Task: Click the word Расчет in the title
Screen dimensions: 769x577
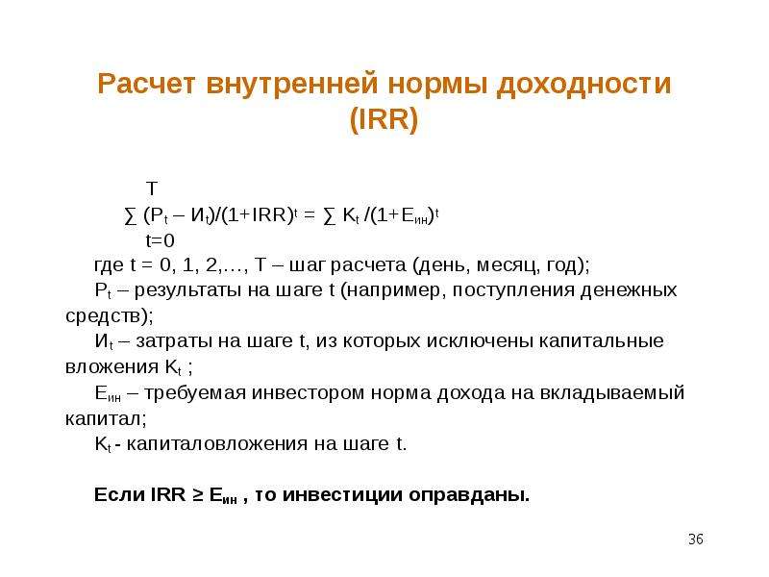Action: coord(147,84)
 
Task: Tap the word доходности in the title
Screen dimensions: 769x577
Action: coord(583,85)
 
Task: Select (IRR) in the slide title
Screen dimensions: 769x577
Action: coord(384,119)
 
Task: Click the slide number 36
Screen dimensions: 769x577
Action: coord(696,539)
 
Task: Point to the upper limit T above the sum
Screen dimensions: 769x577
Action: coord(152,188)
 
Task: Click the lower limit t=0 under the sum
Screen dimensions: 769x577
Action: coord(160,241)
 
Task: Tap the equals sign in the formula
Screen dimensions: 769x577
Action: coord(309,215)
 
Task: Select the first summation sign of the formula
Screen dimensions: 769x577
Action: coord(131,215)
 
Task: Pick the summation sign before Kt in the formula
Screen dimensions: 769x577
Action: coord(330,215)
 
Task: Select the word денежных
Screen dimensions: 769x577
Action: coord(629,290)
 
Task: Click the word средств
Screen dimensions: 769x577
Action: coord(103,316)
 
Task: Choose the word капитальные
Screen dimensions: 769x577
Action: coord(602,340)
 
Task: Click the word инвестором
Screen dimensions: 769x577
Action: coord(308,393)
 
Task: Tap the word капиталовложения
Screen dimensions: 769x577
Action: coord(217,444)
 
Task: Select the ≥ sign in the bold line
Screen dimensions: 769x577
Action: coord(198,495)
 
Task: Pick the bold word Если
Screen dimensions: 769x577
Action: coord(119,494)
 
